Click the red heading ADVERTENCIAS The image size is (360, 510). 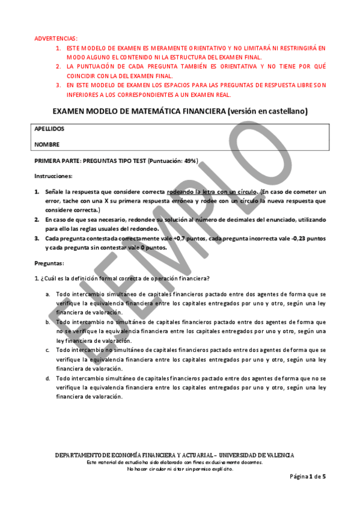[56, 38]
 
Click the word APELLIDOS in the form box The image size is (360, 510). [49, 129]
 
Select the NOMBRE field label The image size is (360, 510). [47, 144]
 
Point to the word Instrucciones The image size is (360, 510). [53, 176]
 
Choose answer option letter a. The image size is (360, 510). [48, 295]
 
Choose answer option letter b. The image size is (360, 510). [48, 322]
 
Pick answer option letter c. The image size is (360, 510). [48, 349]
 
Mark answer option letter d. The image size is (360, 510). [48, 378]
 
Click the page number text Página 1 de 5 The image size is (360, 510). [308, 476]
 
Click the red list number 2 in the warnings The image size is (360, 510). [58, 66]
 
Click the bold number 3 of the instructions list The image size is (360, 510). [36, 239]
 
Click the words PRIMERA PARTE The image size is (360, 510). [56, 161]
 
